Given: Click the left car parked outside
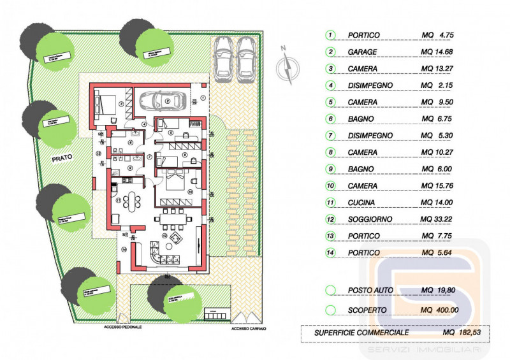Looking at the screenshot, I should pos(224,59).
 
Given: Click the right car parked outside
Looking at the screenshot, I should pos(246,59).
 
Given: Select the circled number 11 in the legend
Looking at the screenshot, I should pos(330,203).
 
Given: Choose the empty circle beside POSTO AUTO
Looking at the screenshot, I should pos(330,291).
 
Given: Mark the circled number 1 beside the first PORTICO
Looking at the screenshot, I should pos(330,35).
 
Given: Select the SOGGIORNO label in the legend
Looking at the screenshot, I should pos(370,220).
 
